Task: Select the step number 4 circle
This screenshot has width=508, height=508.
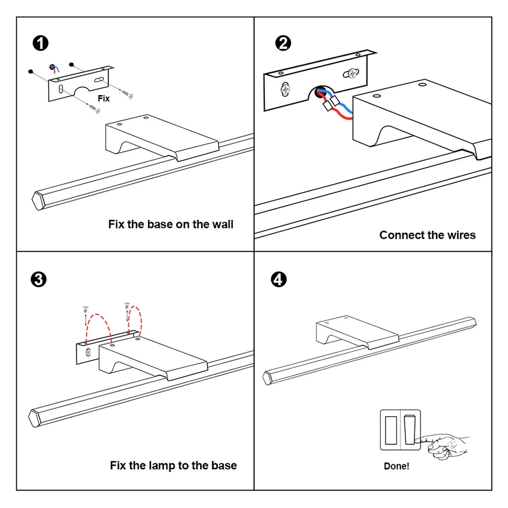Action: (x=279, y=279)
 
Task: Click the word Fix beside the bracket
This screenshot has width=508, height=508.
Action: (x=104, y=98)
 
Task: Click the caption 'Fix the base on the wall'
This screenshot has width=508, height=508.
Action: (x=171, y=224)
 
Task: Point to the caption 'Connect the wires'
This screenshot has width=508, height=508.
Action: (x=427, y=235)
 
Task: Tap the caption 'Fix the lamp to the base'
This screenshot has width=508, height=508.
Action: (x=173, y=465)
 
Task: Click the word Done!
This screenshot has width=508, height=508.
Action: (x=396, y=466)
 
